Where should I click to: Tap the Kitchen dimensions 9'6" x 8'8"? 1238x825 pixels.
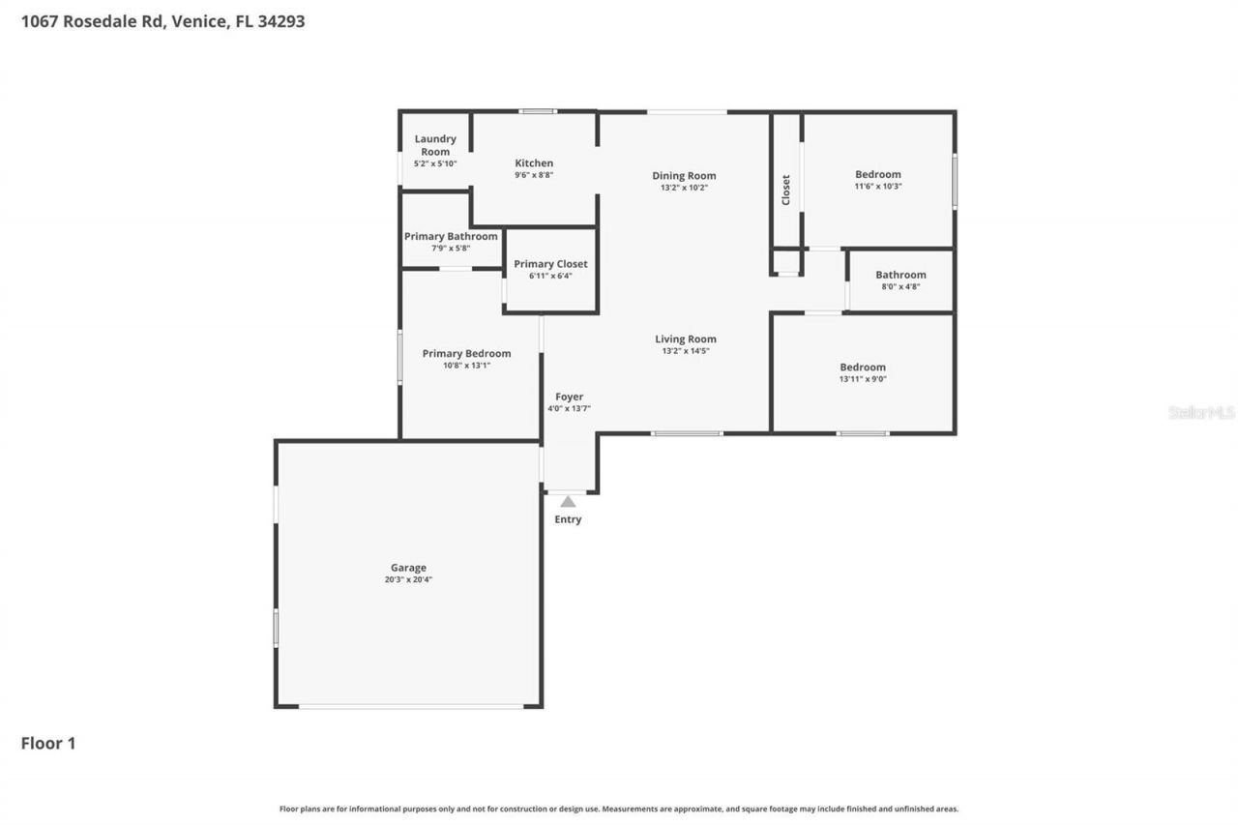[534, 176]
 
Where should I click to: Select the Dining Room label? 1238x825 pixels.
[684, 176]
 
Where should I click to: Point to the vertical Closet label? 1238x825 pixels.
[785, 190]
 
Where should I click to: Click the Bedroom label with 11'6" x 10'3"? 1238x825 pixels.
[877, 174]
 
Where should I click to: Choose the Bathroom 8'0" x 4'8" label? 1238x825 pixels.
[900, 275]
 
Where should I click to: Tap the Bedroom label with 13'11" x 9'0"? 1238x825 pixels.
[862, 367]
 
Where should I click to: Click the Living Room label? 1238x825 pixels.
[685, 339]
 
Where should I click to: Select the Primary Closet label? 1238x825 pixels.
[550, 264]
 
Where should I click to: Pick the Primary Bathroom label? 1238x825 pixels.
[451, 236]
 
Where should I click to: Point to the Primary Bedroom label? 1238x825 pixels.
[466, 353]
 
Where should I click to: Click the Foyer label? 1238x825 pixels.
[569, 397]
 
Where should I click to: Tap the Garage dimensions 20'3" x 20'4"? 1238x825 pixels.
[408, 580]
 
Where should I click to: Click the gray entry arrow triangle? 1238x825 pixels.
[568, 501]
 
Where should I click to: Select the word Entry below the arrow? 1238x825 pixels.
[568, 519]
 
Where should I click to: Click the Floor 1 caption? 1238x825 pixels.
[48, 743]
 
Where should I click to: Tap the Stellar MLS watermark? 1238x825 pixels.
[1201, 412]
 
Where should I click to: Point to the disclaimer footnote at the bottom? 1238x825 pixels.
[619, 809]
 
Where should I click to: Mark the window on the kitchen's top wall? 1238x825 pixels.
[537, 111]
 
